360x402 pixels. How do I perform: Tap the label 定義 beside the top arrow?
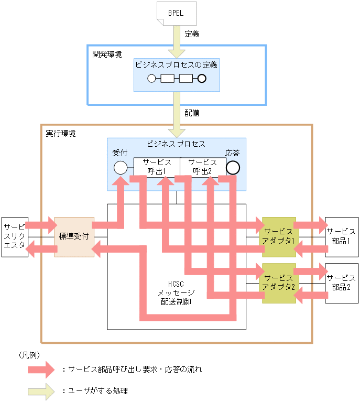(192, 35)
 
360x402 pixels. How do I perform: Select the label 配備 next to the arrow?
(192, 113)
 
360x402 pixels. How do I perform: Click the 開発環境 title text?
(107, 54)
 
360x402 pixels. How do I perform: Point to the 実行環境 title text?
(61, 134)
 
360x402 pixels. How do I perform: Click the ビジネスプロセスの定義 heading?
(176, 65)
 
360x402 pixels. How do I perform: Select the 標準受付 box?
(74, 237)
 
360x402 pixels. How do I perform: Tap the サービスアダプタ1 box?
(279, 237)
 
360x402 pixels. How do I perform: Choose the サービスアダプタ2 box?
(279, 283)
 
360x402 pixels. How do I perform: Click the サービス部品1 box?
(341, 237)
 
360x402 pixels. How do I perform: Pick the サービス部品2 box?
(341, 283)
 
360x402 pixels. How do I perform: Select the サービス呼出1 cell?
(157, 167)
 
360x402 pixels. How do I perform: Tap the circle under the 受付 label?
(120, 168)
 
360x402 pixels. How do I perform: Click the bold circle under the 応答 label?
(233, 168)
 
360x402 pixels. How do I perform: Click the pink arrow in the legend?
(41, 369)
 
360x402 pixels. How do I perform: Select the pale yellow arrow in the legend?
(41, 390)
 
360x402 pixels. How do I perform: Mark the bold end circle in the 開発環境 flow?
(201, 79)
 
